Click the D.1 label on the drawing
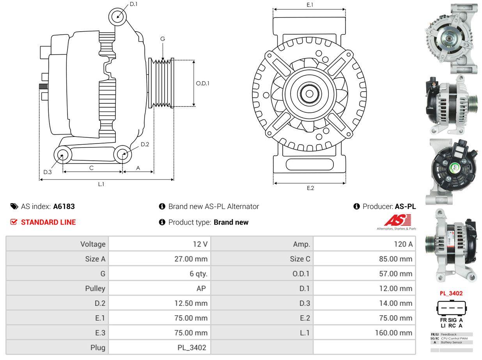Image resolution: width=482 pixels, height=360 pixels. (133, 4)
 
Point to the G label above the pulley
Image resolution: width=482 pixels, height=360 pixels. (163, 39)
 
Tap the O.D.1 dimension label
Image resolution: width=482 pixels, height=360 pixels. (202, 83)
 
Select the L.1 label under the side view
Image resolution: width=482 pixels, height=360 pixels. (101, 184)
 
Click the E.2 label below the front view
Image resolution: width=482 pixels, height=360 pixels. (310, 188)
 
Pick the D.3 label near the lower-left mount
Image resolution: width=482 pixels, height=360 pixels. (47, 172)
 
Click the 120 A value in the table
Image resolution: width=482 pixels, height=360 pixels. (404, 244)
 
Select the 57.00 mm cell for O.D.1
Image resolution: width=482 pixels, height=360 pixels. (395, 274)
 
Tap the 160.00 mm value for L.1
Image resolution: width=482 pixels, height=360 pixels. (393, 333)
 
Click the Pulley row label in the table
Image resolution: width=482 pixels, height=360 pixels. (95, 289)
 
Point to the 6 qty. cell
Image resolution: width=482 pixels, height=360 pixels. (198, 274)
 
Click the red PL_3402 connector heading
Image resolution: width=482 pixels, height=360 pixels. (451, 293)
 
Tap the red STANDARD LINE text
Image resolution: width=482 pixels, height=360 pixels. (48, 222)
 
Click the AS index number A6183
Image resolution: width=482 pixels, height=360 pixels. (64, 207)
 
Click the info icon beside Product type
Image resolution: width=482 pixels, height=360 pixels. (162, 222)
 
